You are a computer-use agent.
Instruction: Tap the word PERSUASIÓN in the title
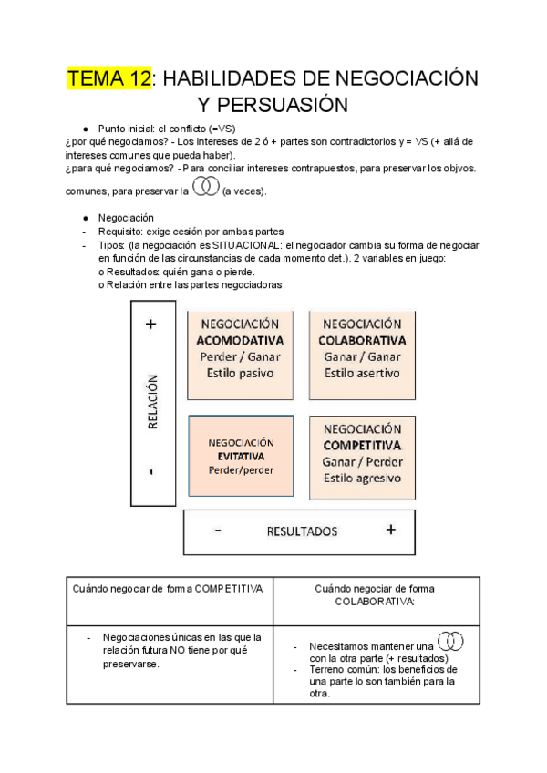[x=272, y=105]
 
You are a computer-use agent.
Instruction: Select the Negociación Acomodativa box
[x=241, y=356]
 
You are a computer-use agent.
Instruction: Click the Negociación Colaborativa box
[x=362, y=356]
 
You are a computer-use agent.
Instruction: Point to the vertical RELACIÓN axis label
[x=151, y=401]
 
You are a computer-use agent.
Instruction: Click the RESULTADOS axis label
[x=302, y=531]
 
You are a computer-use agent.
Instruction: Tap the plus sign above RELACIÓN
[x=150, y=324]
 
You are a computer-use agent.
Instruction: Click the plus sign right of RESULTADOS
[x=390, y=530]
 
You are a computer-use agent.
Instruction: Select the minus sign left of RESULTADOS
[x=219, y=530]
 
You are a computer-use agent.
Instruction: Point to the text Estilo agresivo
[x=362, y=478]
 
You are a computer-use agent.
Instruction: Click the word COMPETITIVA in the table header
[x=229, y=589]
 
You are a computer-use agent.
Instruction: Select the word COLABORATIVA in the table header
[x=375, y=602]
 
